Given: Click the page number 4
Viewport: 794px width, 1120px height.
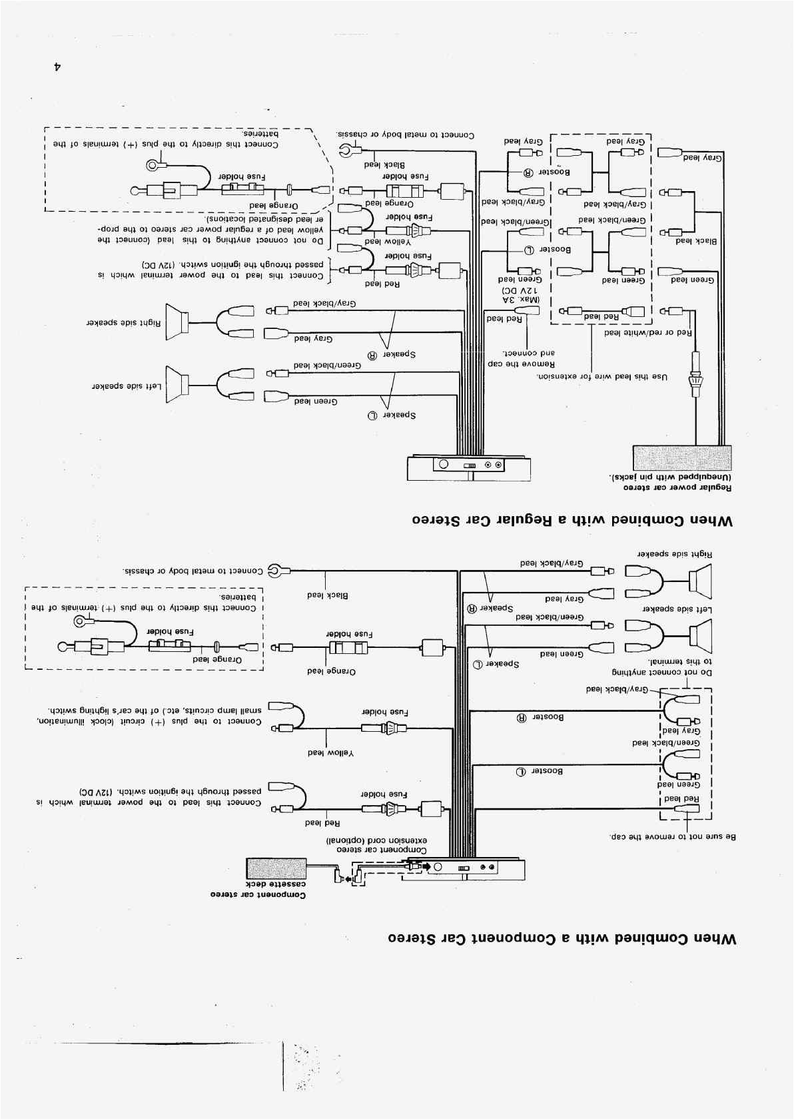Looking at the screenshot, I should click(x=58, y=67).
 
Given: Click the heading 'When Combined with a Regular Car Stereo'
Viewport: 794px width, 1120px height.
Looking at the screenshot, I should click(x=572, y=521).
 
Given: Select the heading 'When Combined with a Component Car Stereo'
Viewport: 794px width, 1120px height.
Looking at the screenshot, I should click(x=562, y=939).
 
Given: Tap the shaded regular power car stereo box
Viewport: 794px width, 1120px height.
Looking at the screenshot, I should click(x=681, y=458).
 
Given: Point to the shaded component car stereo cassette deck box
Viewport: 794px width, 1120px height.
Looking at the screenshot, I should click(x=276, y=870).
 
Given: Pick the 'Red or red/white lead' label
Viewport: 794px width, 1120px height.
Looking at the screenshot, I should click(x=648, y=332).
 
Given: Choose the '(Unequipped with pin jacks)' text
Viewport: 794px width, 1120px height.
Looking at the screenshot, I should click(x=669, y=477).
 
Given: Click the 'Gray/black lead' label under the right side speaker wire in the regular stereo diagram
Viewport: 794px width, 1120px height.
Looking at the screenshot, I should click(x=325, y=304).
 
